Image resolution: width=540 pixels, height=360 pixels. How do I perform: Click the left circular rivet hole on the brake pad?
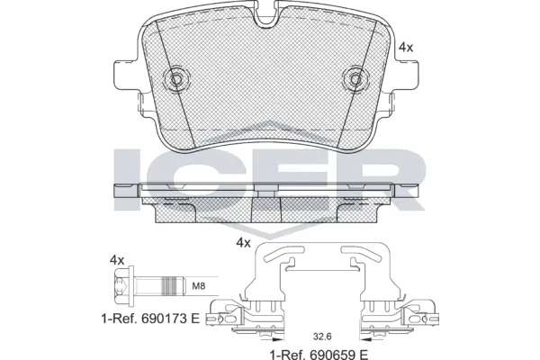175,79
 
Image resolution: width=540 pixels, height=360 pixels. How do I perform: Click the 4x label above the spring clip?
242,243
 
